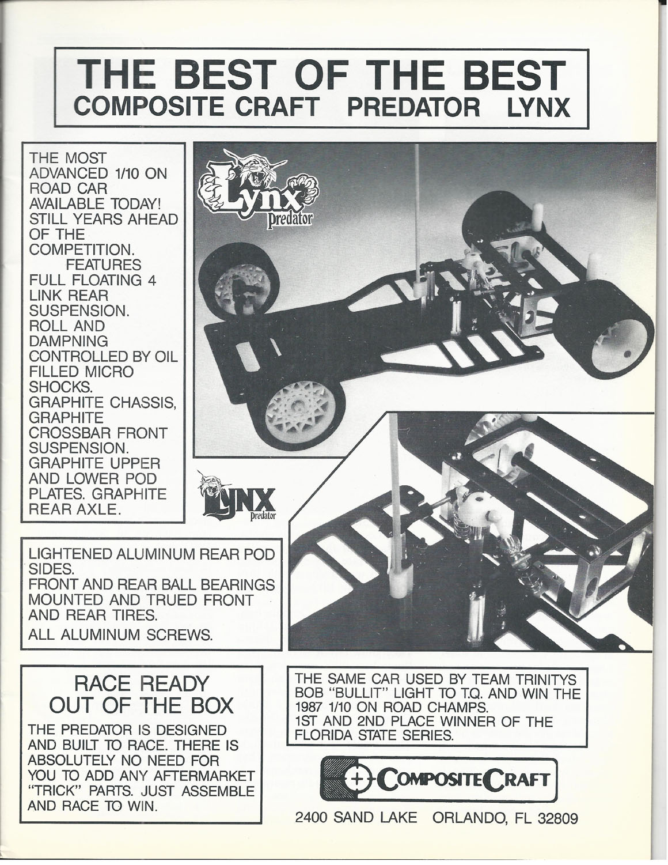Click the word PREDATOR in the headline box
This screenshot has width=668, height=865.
[x=413, y=107]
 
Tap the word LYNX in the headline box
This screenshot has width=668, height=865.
[x=538, y=107]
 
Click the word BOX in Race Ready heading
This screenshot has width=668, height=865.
[x=212, y=705]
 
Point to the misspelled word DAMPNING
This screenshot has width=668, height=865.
[x=69, y=341]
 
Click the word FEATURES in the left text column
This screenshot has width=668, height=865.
[x=104, y=265]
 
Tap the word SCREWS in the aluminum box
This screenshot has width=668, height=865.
[x=179, y=634]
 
